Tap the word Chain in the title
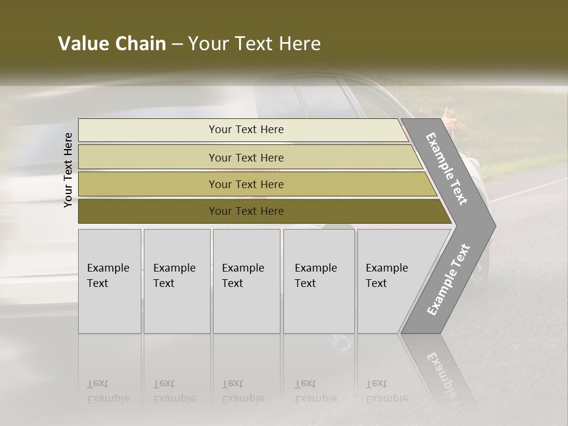tap(141, 44)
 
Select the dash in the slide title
tap(177, 44)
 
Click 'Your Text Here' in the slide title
tap(254, 44)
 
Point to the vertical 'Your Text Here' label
tap(68, 170)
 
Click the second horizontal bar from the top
tap(246, 157)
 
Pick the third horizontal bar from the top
tap(246, 184)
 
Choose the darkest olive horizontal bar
tap(246, 211)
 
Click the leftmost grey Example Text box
tap(109, 281)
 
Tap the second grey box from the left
tap(176, 281)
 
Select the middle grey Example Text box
tap(246, 281)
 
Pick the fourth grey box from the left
tap(318, 281)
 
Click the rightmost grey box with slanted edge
tap(390, 281)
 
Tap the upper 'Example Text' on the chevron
tap(447, 169)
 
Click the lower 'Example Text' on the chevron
tap(448, 279)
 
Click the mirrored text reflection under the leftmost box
tap(108, 391)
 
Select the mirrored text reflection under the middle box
tap(243, 391)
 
